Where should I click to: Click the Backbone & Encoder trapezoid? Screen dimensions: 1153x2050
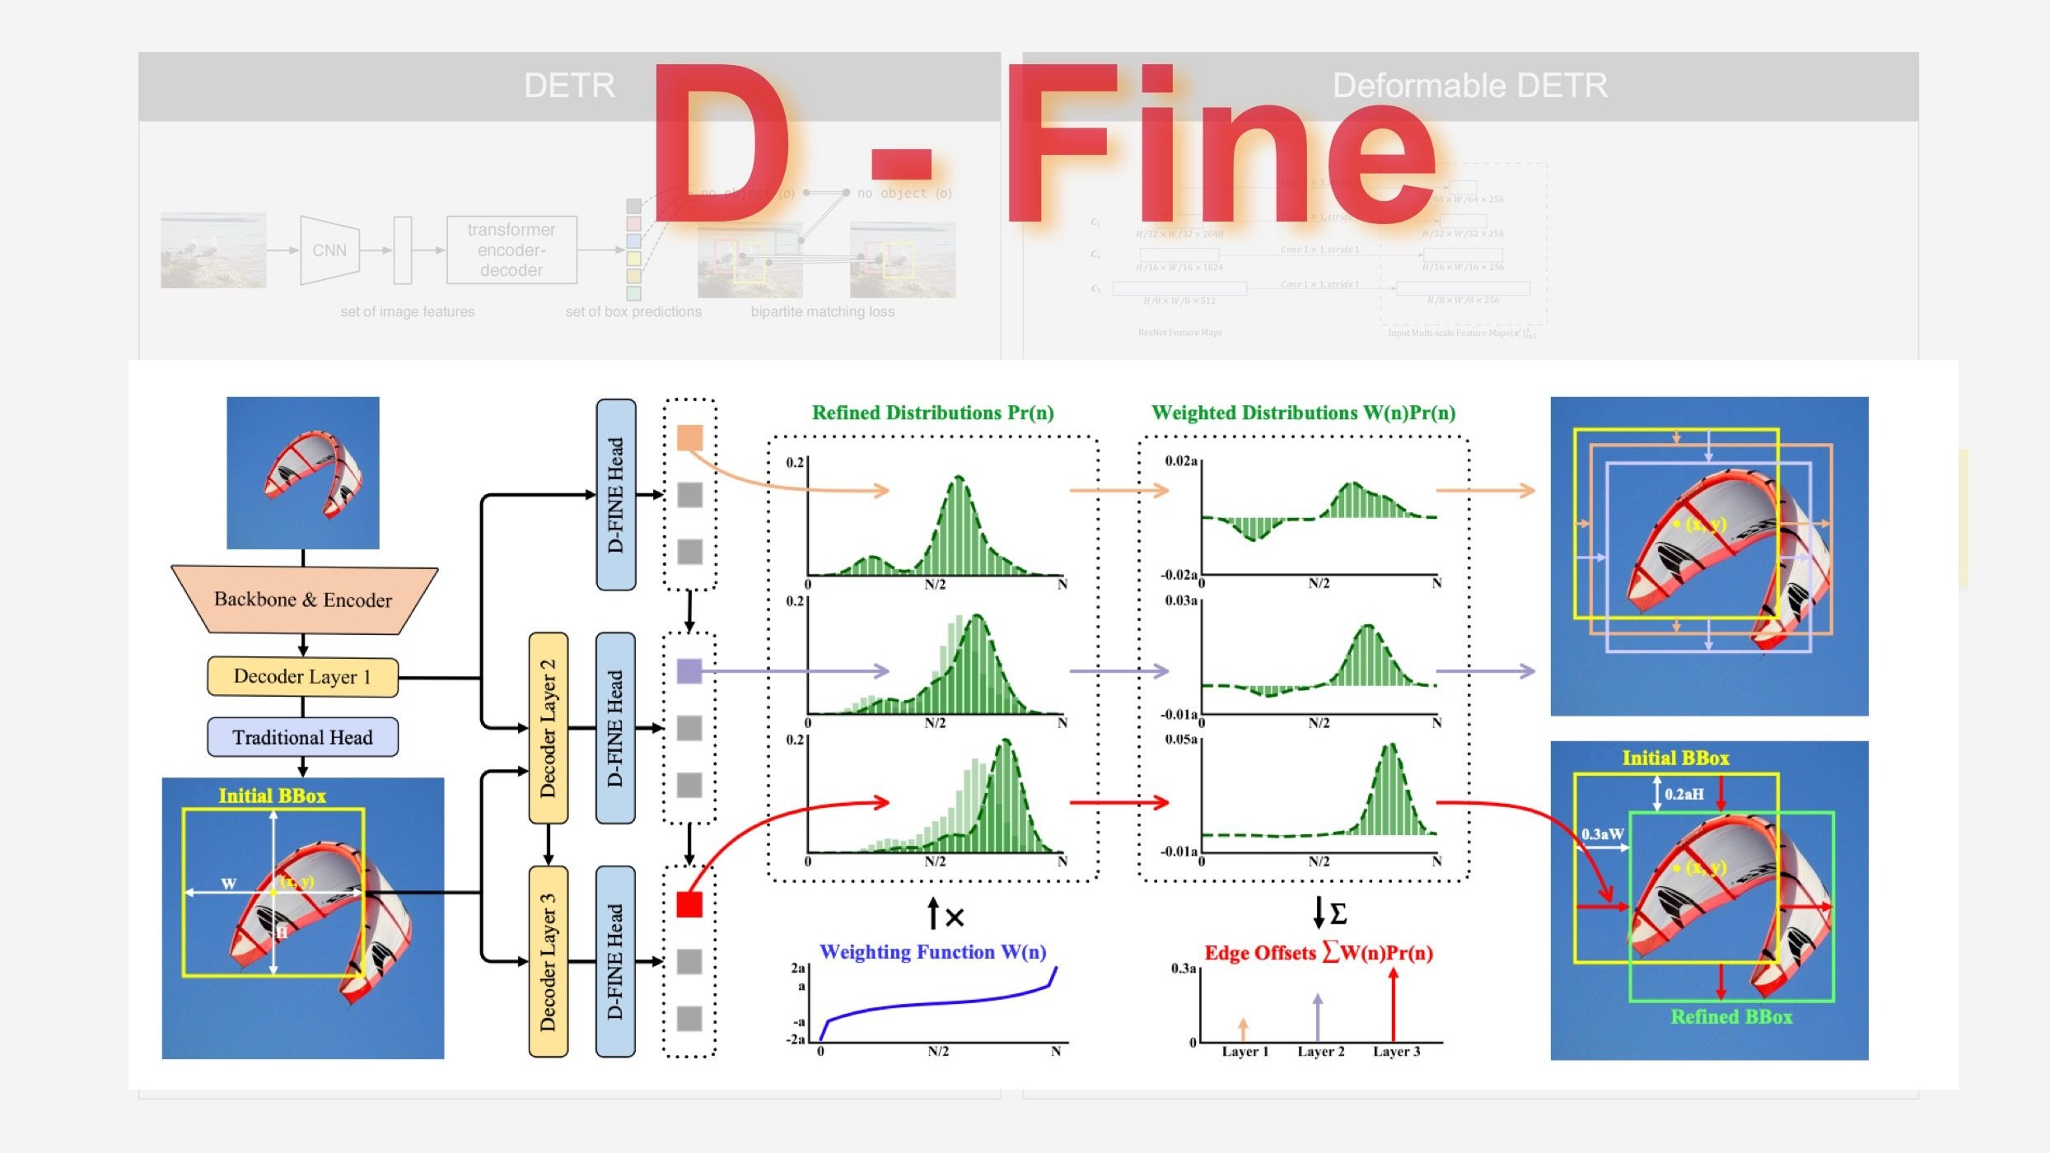click(303, 600)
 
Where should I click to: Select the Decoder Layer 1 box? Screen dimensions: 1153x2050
click(302, 677)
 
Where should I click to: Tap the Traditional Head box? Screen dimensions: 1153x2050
click(302, 737)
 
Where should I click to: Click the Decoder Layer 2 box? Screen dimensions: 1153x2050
click(548, 728)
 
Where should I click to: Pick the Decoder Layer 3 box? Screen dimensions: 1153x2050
click(548, 961)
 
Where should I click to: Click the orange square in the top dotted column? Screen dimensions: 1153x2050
click(689, 437)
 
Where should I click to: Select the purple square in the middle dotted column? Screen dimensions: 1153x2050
click(689, 671)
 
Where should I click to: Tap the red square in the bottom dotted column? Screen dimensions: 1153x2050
click(689, 904)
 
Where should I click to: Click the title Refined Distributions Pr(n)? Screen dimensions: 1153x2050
click(932, 413)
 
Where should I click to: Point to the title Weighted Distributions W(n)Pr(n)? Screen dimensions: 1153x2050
click(1303, 413)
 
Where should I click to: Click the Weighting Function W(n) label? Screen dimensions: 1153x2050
click(932, 952)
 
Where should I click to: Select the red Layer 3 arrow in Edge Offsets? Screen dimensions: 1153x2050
click(1393, 1005)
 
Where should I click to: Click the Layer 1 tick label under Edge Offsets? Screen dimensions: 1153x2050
click(1244, 1052)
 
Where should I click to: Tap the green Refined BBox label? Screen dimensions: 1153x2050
click(1731, 1017)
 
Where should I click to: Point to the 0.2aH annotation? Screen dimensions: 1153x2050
click(1684, 794)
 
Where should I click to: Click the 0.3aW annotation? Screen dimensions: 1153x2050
click(1602, 834)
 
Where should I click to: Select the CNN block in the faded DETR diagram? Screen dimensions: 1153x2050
click(329, 250)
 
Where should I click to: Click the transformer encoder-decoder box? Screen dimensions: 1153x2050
click(511, 250)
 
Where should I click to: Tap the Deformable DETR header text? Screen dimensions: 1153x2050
click(1469, 86)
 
